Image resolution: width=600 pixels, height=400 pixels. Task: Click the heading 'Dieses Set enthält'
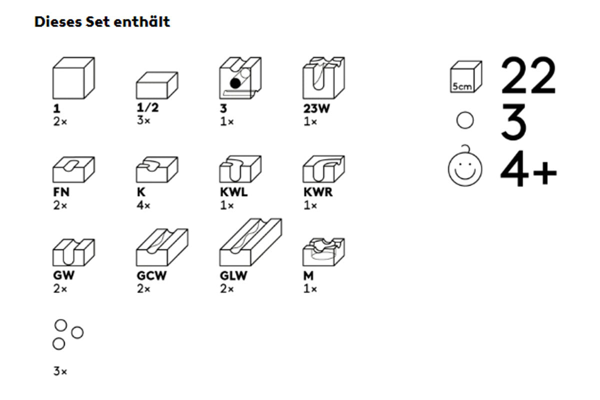(x=102, y=22)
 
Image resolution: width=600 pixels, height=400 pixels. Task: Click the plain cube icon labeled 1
(x=73, y=78)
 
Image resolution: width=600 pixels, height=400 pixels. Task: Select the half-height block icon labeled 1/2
(x=157, y=85)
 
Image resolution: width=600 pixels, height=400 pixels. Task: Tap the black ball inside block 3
(x=235, y=83)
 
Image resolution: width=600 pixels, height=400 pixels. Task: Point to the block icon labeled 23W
(x=323, y=78)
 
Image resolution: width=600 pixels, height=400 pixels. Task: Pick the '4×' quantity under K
(x=143, y=205)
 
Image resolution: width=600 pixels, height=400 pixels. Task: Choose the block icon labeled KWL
(x=240, y=169)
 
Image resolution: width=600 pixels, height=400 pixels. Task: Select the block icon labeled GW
(x=73, y=252)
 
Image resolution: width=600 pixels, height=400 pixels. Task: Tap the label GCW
(x=150, y=275)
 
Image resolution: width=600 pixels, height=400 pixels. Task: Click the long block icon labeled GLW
(x=250, y=242)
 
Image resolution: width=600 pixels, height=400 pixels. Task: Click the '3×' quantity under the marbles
(x=60, y=371)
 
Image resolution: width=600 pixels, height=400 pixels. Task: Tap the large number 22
(x=528, y=76)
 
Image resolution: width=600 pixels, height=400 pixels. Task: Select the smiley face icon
(x=465, y=169)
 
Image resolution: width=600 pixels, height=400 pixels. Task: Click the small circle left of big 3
(x=465, y=121)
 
